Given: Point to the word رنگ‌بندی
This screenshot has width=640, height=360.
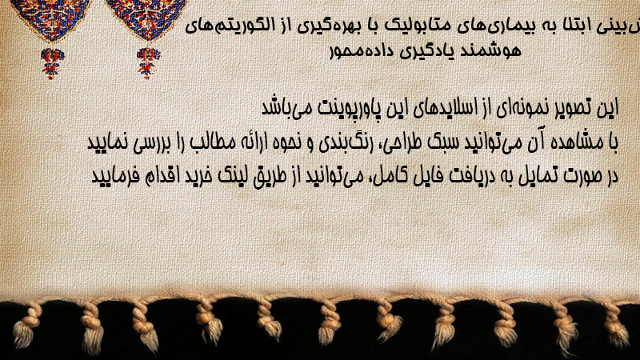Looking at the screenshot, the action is (x=337, y=142).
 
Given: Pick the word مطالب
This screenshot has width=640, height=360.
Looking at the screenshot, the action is (x=212, y=143).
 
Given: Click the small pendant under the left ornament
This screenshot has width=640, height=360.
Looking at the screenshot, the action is (x=52, y=63).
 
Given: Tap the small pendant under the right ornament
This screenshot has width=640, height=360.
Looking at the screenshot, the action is (x=148, y=63).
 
